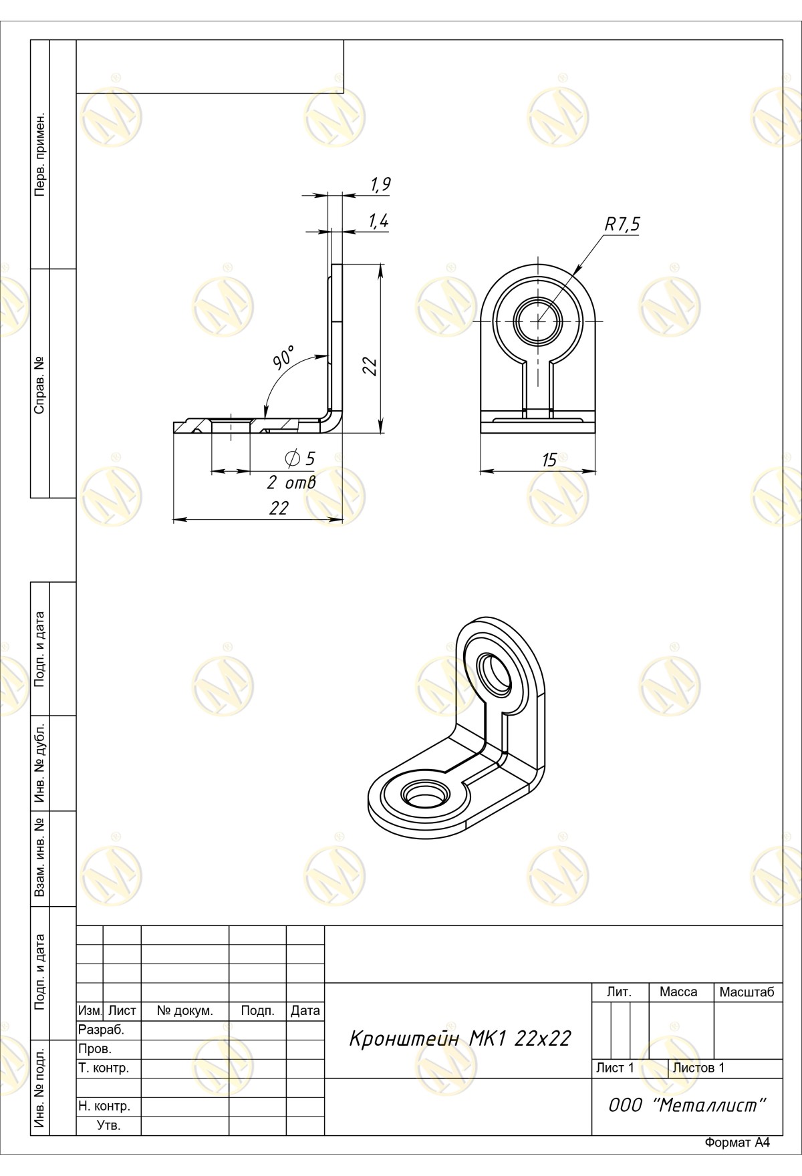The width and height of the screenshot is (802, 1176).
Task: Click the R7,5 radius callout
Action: [x=622, y=225]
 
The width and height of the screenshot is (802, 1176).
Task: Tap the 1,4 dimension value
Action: [x=378, y=222]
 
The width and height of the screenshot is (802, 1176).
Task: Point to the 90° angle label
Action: [x=283, y=358]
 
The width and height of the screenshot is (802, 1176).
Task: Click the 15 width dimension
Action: [x=549, y=460]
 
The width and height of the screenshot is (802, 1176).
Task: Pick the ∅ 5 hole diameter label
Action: [x=299, y=458]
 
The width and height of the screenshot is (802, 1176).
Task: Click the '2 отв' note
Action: [x=291, y=482]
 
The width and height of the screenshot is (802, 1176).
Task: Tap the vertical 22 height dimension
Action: [x=371, y=366]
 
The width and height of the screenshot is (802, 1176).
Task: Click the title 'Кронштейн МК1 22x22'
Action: [x=460, y=1038]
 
